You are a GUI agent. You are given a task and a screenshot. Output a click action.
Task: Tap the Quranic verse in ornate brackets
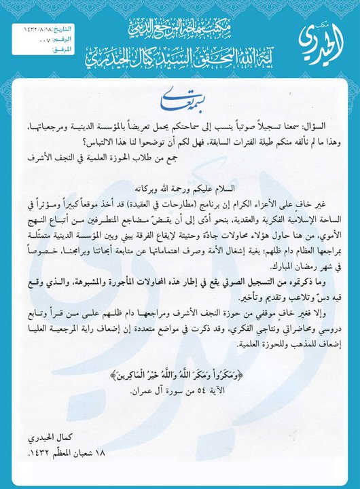179,376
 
